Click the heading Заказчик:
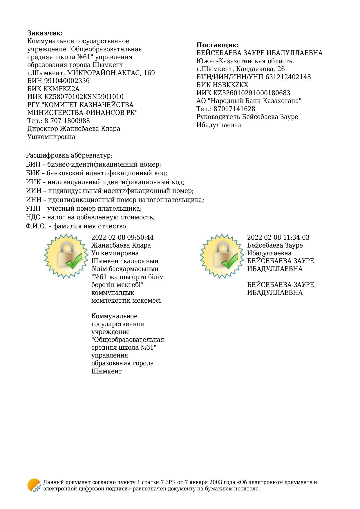[45, 33]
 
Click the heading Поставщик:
[218, 45]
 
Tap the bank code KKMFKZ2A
[61, 89]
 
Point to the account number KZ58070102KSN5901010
[84, 97]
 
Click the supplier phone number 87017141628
[234, 109]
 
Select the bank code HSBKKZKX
[231, 85]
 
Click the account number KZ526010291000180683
[252, 93]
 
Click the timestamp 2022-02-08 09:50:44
[122, 237]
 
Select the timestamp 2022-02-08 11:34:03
[278, 237]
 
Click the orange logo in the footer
[34, 485]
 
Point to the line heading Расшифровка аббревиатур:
[69, 156]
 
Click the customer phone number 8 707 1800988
[67, 121]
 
